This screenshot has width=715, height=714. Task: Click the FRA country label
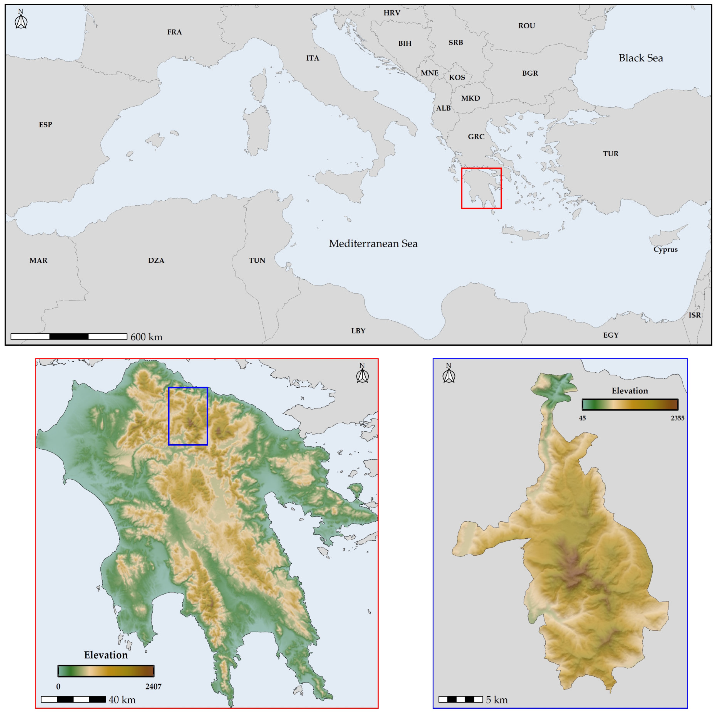174,32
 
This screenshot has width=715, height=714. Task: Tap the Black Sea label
641,58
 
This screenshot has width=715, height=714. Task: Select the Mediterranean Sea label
373,243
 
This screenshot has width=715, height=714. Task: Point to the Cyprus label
665,249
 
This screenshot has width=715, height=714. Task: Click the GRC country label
476,137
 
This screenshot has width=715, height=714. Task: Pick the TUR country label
610,154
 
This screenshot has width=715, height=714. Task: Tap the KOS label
457,78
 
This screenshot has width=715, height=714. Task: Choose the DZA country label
156,260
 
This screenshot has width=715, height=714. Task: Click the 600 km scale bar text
147,337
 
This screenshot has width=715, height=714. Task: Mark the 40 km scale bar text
122,700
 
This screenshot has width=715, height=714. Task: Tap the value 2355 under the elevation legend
677,418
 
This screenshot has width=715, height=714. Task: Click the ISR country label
694,315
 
